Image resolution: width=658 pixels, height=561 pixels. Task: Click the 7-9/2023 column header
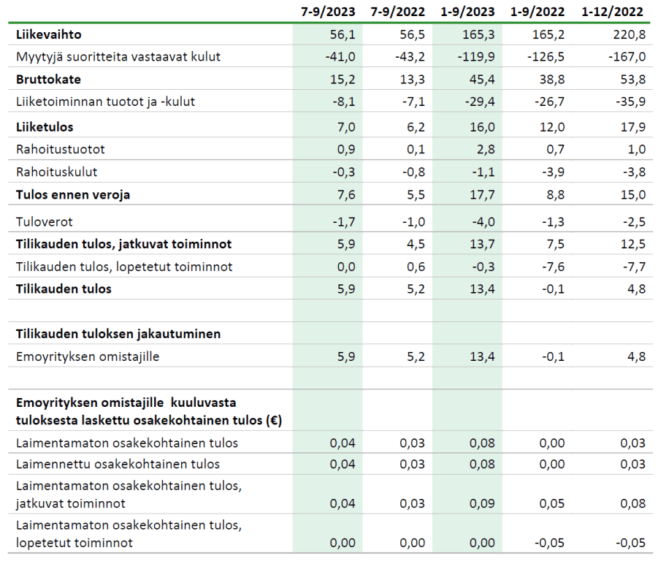point(328,12)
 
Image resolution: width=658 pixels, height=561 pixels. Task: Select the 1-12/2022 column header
point(612,12)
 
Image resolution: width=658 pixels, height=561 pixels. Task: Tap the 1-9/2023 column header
point(467,12)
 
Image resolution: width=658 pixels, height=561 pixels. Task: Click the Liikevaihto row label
point(49,34)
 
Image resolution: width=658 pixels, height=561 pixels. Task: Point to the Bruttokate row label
point(48,80)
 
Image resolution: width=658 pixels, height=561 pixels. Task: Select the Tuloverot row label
point(44,221)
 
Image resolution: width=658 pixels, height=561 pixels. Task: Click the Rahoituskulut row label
point(56,172)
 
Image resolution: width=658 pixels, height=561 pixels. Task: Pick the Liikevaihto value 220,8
point(629,34)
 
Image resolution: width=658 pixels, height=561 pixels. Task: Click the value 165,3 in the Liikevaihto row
point(478,34)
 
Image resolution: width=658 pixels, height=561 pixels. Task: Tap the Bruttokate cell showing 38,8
point(552,80)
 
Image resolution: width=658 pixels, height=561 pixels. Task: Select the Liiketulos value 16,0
point(482,127)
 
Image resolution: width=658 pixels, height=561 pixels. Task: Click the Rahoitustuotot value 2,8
point(486,149)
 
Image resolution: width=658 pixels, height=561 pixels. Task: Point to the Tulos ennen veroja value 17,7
point(482,195)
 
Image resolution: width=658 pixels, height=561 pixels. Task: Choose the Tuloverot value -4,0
point(483,221)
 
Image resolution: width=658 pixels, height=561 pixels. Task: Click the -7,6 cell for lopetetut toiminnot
point(553,267)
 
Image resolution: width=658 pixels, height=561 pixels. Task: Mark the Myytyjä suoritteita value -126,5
point(546,57)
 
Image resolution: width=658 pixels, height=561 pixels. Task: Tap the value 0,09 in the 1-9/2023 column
point(482,503)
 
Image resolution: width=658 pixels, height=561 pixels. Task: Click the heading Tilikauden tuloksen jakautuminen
point(118,334)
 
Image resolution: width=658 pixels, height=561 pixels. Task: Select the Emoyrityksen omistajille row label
point(88,356)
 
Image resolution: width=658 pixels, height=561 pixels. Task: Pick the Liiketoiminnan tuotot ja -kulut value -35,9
point(631,102)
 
